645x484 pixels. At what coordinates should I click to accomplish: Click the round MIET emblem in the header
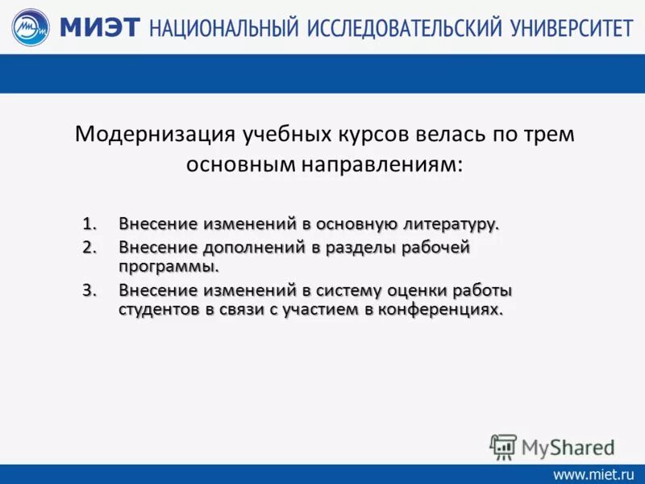coord(31,27)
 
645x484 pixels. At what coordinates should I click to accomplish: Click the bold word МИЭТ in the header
coord(102,27)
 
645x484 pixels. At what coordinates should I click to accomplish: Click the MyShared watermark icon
coord(502,446)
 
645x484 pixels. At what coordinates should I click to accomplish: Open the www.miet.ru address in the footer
coord(593,474)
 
